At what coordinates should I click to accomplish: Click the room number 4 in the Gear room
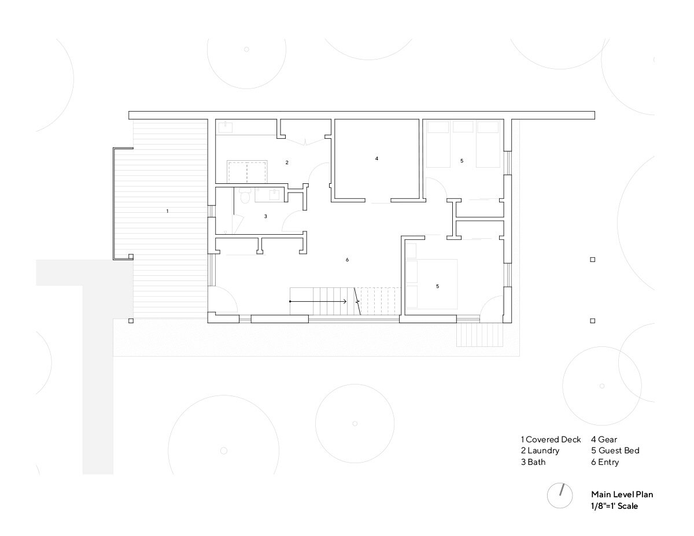(376, 158)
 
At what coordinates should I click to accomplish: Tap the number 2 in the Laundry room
(287, 162)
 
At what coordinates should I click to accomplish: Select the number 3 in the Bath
(265, 216)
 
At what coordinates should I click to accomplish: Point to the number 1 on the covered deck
(167, 211)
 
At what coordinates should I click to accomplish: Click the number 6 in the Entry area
(347, 260)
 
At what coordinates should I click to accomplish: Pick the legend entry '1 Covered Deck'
(551, 439)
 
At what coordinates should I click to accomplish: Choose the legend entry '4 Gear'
(604, 439)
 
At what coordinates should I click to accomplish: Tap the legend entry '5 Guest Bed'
(615, 450)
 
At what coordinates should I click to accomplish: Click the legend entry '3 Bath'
(533, 462)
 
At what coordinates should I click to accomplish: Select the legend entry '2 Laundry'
(540, 451)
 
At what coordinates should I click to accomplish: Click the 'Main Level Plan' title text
(622, 494)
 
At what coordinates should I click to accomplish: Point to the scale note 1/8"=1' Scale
(614, 506)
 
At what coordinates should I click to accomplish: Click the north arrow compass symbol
(560, 496)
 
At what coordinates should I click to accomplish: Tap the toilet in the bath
(245, 195)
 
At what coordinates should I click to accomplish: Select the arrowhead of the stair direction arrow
(345, 301)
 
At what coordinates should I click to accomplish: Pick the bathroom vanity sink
(274, 194)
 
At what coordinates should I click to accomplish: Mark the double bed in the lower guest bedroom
(431, 284)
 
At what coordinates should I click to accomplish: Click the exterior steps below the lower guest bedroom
(479, 335)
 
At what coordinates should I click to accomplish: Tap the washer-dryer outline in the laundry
(247, 171)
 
